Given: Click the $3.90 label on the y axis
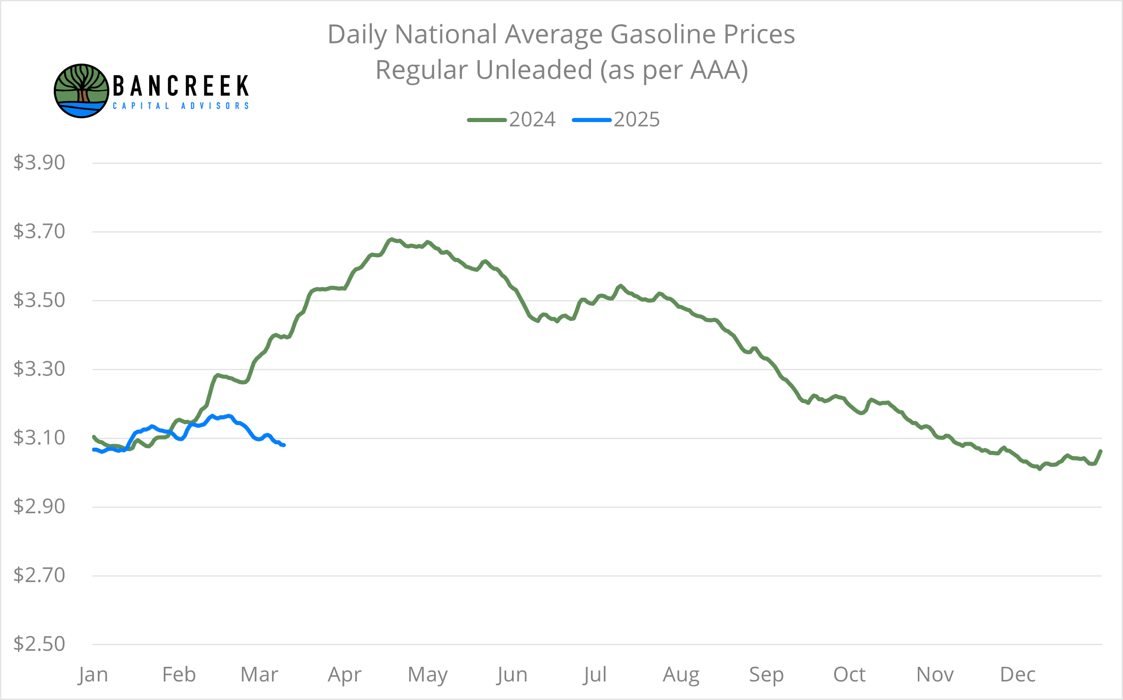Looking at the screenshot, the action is [x=39, y=163].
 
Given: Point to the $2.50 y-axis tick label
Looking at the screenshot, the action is [x=39, y=644].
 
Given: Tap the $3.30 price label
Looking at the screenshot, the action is [x=39, y=369].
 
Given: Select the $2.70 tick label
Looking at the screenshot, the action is [x=39, y=575].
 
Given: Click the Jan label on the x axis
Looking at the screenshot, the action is [x=93, y=675].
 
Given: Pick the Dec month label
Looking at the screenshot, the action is [x=1017, y=675].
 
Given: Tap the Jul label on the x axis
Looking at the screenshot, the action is [x=594, y=675].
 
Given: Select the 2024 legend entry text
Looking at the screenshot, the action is [x=532, y=120].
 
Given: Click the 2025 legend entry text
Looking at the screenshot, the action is [x=636, y=120].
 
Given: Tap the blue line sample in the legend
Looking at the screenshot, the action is [x=591, y=120].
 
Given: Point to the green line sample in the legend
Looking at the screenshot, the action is [x=487, y=120].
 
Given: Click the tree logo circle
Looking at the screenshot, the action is [x=82, y=91].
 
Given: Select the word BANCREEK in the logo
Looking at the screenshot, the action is [x=181, y=86].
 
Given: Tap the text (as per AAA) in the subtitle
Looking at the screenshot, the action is [x=674, y=70].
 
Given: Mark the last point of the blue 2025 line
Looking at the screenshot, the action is [x=284, y=445].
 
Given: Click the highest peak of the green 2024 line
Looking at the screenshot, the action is [x=392, y=239].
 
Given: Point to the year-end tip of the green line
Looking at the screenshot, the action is [x=1100, y=451].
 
